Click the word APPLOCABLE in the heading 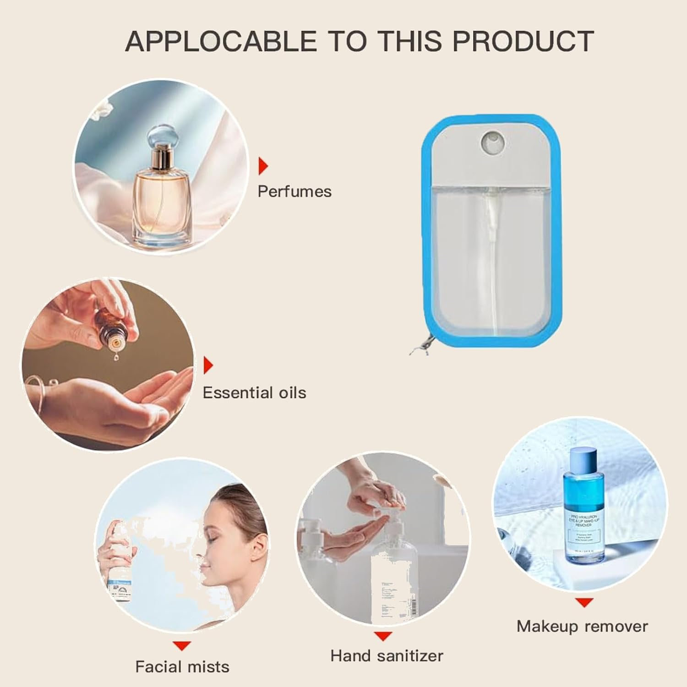tap(221, 41)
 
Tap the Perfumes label tap(294, 191)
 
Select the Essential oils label tap(254, 393)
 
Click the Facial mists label tap(182, 666)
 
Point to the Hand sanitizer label tap(387, 656)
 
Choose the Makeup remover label tap(582, 626)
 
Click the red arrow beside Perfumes tap(263, 166)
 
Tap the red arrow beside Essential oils tap(208, 365)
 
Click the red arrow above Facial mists tap(182, 646)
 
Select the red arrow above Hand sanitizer tap(383, 636)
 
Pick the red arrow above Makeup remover tap(584, 603)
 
